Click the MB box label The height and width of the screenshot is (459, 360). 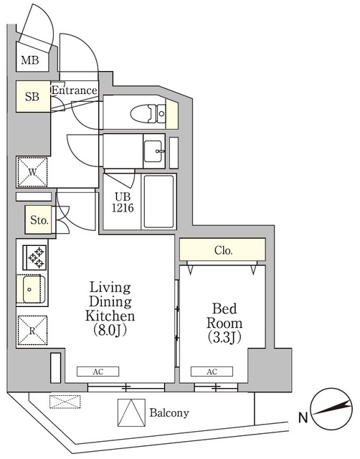[29, 61]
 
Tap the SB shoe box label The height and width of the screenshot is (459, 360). [32, 97]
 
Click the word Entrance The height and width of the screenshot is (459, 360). [74, 90]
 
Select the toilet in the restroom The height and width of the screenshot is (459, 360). [148, 113]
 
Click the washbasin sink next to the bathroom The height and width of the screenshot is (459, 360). [153, 151]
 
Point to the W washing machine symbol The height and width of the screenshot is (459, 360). [32, 172]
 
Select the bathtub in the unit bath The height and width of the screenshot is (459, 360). [158, 202]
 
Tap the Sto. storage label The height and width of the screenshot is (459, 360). [39, 222]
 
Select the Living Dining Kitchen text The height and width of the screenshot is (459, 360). [110, 301]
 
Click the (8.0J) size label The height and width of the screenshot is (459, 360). [110, 330]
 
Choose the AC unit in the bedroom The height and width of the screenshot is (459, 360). [212, 372]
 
